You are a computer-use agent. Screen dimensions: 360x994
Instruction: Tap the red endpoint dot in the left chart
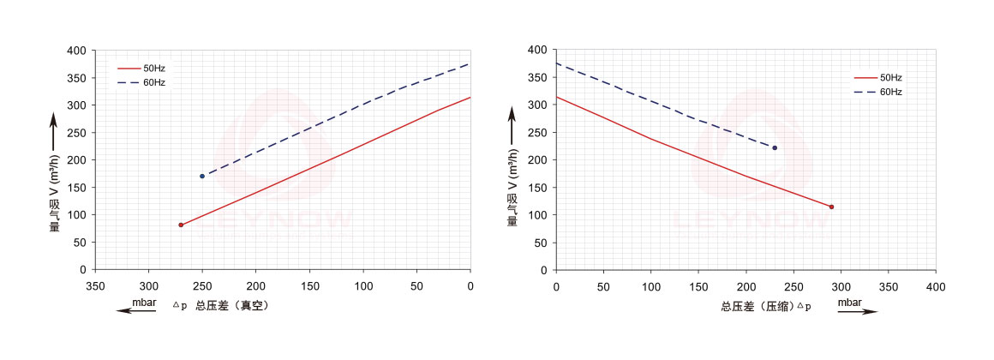(181, 225)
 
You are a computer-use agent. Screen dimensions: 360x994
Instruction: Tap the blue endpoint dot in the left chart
(202, 176)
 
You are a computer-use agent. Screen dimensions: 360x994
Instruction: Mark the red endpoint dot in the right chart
(831, 207)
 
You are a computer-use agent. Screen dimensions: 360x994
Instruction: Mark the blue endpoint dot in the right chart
(775, 147)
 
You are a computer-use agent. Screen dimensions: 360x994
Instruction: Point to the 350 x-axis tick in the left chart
(95, 285)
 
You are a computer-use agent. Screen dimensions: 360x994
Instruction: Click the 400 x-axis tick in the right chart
(936, 285)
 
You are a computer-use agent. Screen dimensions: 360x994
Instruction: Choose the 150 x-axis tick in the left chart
(309, 285)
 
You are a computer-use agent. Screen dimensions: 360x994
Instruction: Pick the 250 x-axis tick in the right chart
(793, 285)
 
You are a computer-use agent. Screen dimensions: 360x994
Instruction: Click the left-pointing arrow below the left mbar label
(137, 311)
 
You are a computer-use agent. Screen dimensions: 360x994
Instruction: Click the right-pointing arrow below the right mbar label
(858, 312)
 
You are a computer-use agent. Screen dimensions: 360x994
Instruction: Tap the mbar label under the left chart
(144, 302)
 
